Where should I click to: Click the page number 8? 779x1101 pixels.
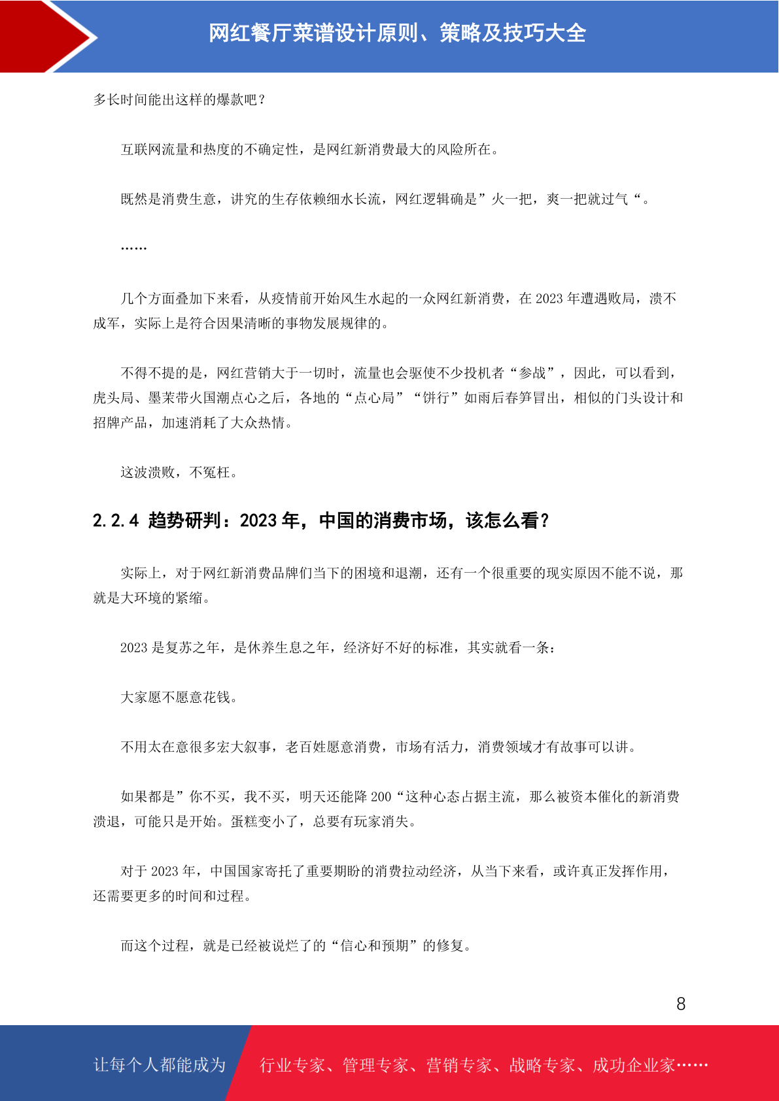[681, 1004]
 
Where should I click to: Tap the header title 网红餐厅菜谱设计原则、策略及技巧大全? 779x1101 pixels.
[397, 33]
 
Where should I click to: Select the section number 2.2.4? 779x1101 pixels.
[116, 520]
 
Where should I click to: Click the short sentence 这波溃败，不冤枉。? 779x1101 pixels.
[179, 473]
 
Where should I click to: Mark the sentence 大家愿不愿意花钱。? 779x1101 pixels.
[179, 698]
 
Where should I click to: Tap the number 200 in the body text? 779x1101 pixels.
[381, 797]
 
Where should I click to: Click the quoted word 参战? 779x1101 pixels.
[532, 373]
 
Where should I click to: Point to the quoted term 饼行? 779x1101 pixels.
[436, 398]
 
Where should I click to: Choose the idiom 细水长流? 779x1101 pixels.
[354, 199]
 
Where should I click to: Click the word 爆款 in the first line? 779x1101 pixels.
[230, 100]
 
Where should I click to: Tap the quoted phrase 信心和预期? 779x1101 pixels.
[374, 946]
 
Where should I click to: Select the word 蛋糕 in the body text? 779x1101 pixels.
[244, 822]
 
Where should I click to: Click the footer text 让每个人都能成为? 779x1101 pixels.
[160, 1065]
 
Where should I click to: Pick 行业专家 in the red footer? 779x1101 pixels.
[292, 1066]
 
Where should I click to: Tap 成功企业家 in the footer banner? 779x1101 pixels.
[633, 1066]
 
